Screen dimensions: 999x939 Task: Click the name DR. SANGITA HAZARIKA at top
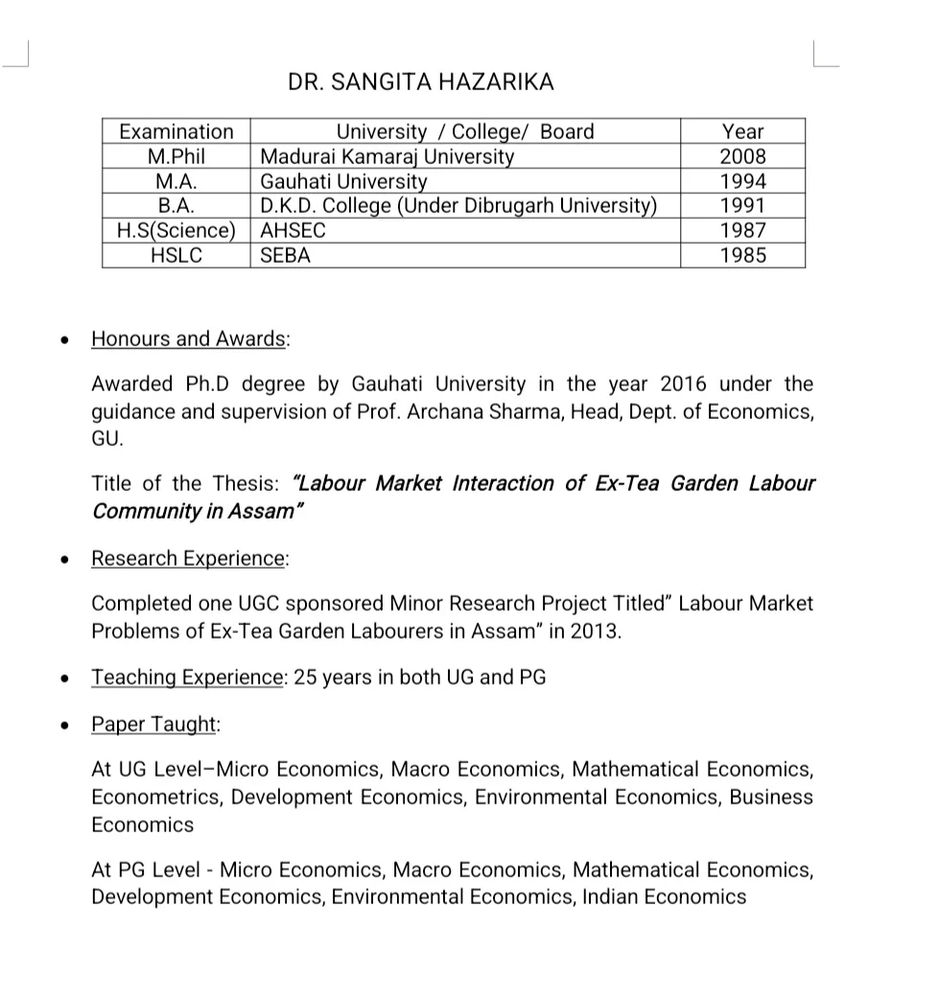tap(420, 81)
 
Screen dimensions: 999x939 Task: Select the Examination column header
tap(176, 131)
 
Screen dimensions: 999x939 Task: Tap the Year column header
tap(742, 131)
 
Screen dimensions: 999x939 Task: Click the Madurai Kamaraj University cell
tap(387, 156)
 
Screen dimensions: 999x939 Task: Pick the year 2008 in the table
tap(742, 156)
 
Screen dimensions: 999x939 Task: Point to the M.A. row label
tap(176, 181)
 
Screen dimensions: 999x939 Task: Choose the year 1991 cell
tap(742, 206)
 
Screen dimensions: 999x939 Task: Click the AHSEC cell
tap(293, 231)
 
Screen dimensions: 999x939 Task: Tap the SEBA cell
tap(286, 256)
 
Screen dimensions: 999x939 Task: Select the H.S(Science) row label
tap(176, 231)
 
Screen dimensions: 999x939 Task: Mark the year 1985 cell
tap(742, 256)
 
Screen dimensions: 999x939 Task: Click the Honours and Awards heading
tap(189, 338)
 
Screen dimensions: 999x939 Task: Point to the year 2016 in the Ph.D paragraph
tap(683, 384)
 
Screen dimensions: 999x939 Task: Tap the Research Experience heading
tap(189, 558)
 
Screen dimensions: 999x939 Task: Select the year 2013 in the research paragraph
tap(594, 632)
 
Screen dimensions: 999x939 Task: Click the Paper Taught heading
tap(153, 724)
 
